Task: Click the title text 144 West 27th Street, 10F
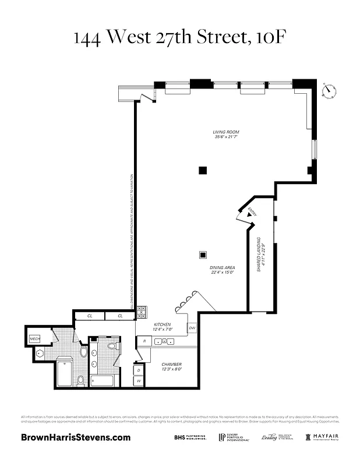180,38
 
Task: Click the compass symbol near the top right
330,90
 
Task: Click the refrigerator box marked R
144,340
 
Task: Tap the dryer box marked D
139,370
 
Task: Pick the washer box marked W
139,382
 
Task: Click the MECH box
34,338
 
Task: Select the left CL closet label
90,316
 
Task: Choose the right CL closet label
120,316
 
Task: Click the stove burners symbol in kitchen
142,312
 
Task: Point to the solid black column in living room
203,170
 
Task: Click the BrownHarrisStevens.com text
76,437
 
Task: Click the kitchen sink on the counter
161,340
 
